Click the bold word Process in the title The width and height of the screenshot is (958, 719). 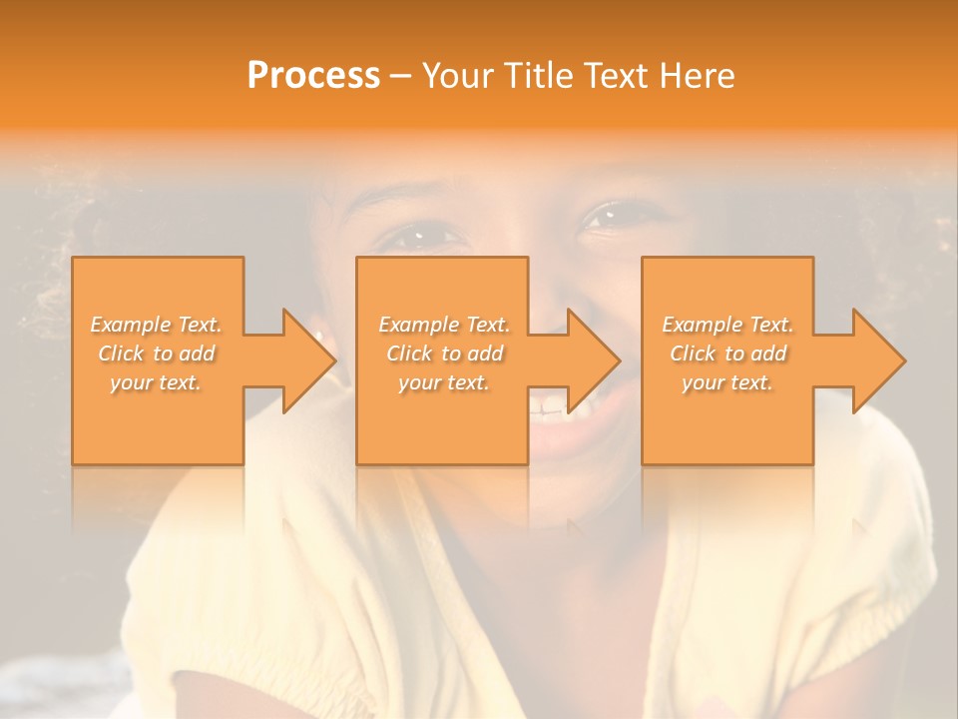coord(313,76)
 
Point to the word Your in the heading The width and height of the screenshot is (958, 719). coord(455,76)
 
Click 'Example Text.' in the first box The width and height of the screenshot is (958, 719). coord(156,325)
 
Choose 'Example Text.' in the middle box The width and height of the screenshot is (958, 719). coord(444,325)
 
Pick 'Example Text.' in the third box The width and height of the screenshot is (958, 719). coord(727,325)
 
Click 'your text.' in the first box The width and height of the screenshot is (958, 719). coord(156,382)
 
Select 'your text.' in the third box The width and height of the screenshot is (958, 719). coord(727,382)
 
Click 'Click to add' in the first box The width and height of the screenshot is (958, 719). coord(156,354)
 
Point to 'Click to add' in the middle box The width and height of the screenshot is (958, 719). coord(444,354)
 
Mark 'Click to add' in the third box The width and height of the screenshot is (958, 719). coord(727,354)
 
